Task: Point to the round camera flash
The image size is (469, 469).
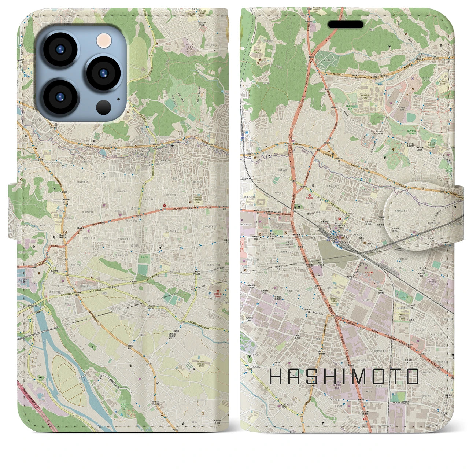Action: (x=104, y=39)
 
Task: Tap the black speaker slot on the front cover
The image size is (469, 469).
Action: (x=345, y=25)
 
